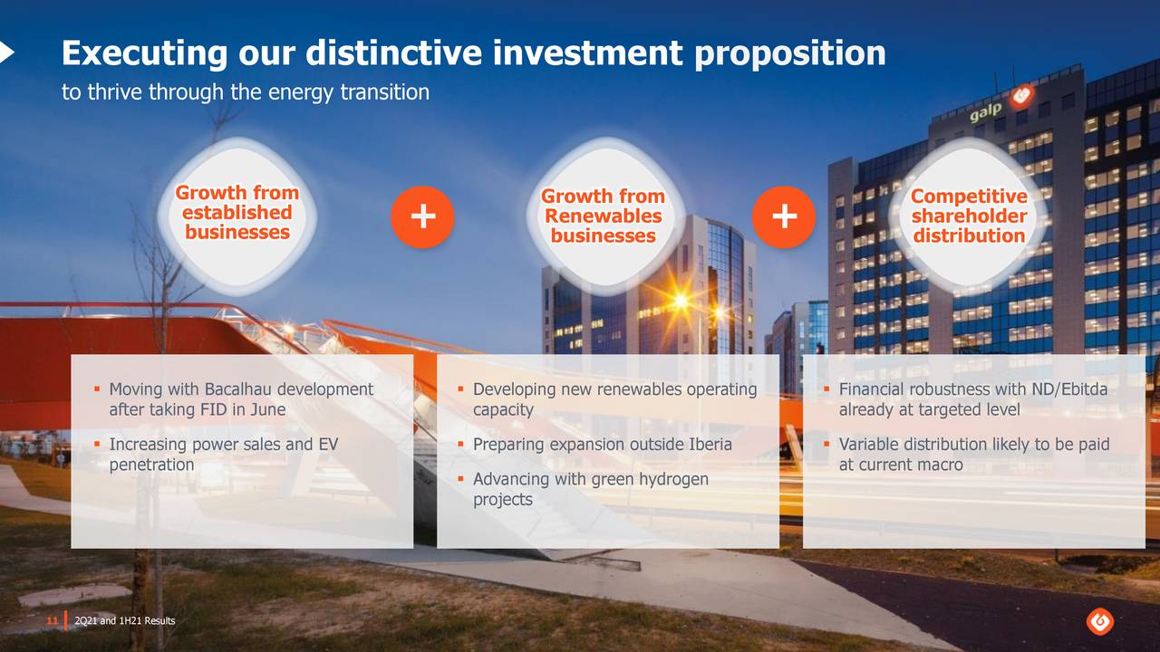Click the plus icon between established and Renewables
tap(422, 216)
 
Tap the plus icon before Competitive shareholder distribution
tap(784, 216)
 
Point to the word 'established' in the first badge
tap(237, 213)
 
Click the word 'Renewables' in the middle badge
tap(604, 216)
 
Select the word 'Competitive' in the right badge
tap(969, 197)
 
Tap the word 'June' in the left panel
tap(267, 409)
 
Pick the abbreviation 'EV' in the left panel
tap(328, 444)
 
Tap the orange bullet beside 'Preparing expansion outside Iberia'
tap(460, 444)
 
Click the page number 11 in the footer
tap(53, 620)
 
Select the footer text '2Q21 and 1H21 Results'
tap(125, 620)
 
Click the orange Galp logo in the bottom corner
tap(1099, 621)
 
